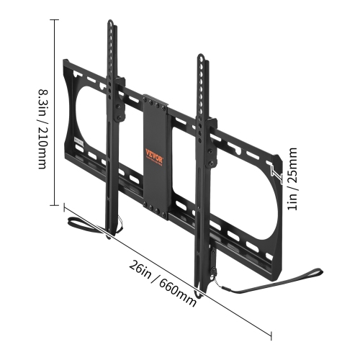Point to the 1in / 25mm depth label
tap(291, 179)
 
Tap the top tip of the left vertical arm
tap(111, 23)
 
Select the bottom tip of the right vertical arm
tap(204, 289)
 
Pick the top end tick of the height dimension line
tap(55, 21)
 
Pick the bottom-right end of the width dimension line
tap(271, 336)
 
